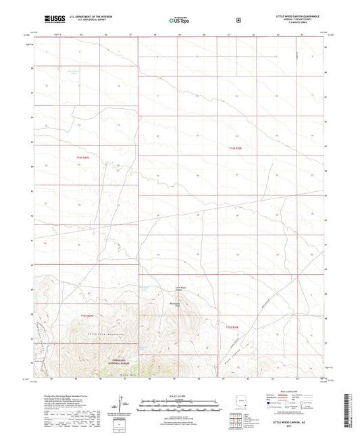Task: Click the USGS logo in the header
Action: pos(52,20)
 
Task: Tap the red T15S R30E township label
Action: pos(232,326)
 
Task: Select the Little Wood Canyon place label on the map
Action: pos(178,291)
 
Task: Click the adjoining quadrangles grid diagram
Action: pos(234,424)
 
